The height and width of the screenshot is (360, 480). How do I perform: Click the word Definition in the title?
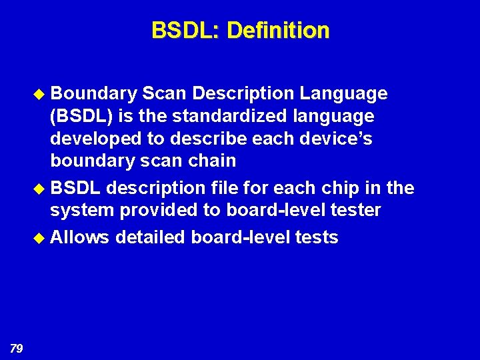278,31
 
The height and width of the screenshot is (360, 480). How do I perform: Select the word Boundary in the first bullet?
94,94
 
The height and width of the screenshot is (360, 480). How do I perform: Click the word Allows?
80,237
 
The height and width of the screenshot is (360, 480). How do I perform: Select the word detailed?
151,237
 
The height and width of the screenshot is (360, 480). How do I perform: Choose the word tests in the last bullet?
316,237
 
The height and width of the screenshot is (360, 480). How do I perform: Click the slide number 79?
17,348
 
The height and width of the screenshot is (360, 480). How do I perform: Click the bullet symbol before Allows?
42,238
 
